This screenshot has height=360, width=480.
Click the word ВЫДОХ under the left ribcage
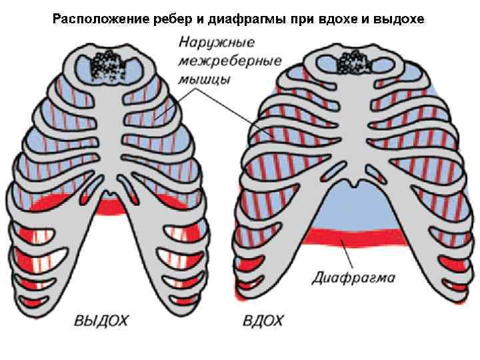point(101,321)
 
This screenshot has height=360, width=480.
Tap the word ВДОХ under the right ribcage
point(263,321)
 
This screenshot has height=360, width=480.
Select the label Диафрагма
point(353,277)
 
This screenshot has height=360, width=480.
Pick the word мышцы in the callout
point(205,81)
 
